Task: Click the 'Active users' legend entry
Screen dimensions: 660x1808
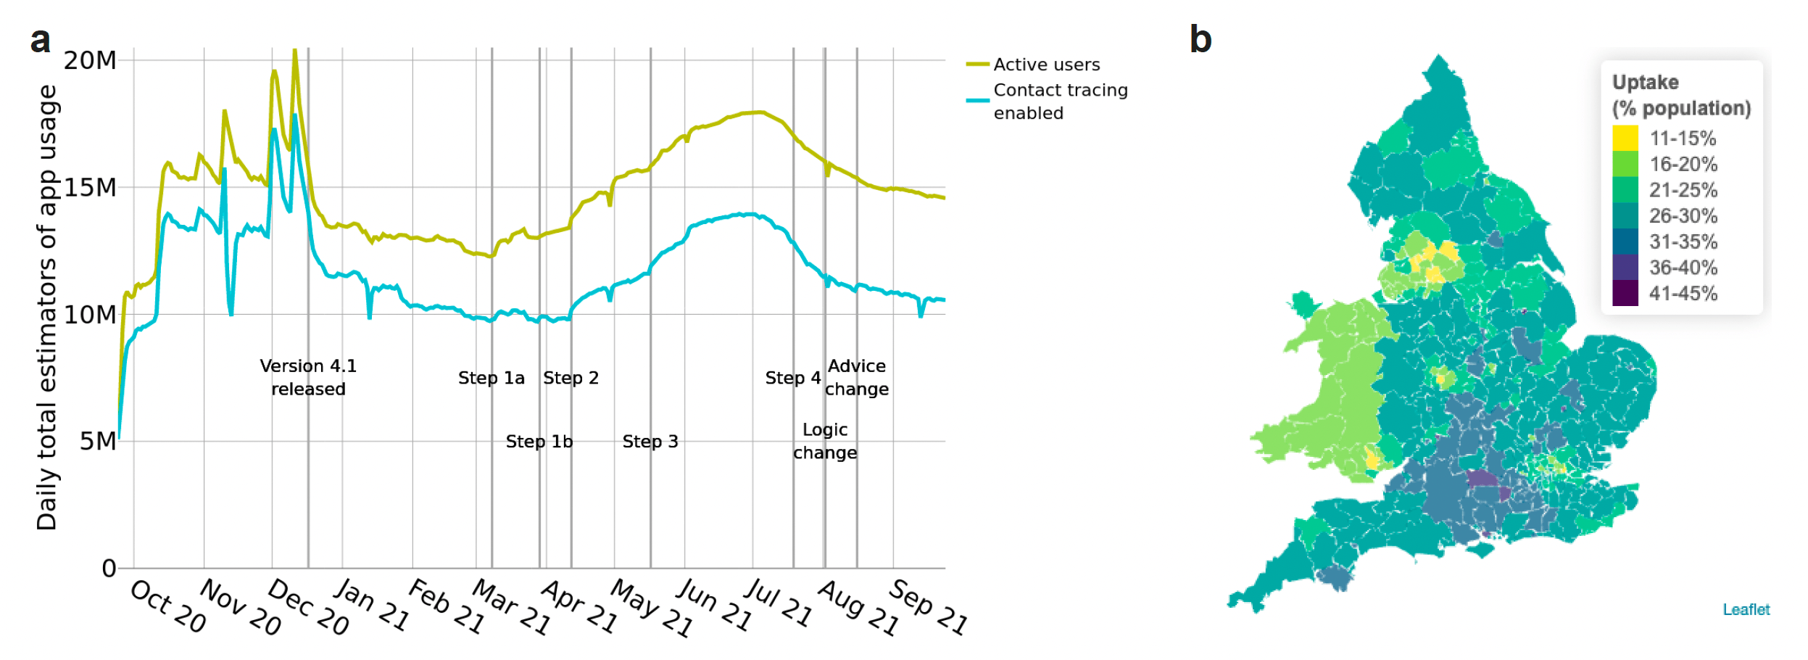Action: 1045,65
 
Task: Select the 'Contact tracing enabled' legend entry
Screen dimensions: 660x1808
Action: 1060,102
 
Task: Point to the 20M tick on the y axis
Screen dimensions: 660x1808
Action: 90,60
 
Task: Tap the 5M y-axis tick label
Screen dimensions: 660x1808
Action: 98,441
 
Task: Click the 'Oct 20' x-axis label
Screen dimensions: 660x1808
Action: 168,606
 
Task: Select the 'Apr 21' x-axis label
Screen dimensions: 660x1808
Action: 579,607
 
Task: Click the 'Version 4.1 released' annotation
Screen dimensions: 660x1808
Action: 308,377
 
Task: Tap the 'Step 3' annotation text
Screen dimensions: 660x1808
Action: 650,442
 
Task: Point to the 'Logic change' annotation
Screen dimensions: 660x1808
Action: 824,441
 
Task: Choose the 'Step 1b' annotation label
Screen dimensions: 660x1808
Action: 539,442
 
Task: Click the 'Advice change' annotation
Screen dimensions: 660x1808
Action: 856,377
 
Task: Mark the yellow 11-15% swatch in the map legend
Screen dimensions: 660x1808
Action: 1625,138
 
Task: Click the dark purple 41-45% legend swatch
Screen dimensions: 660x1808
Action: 1625,293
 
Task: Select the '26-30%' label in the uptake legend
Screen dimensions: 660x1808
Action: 1683,215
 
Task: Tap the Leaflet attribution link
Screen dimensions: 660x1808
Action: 1746,609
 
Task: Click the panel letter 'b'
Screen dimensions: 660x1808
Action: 1201,39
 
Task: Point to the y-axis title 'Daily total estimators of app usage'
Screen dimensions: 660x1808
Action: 47,308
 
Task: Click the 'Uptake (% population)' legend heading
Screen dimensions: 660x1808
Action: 1680,95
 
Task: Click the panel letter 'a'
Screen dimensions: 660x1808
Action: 40,40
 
